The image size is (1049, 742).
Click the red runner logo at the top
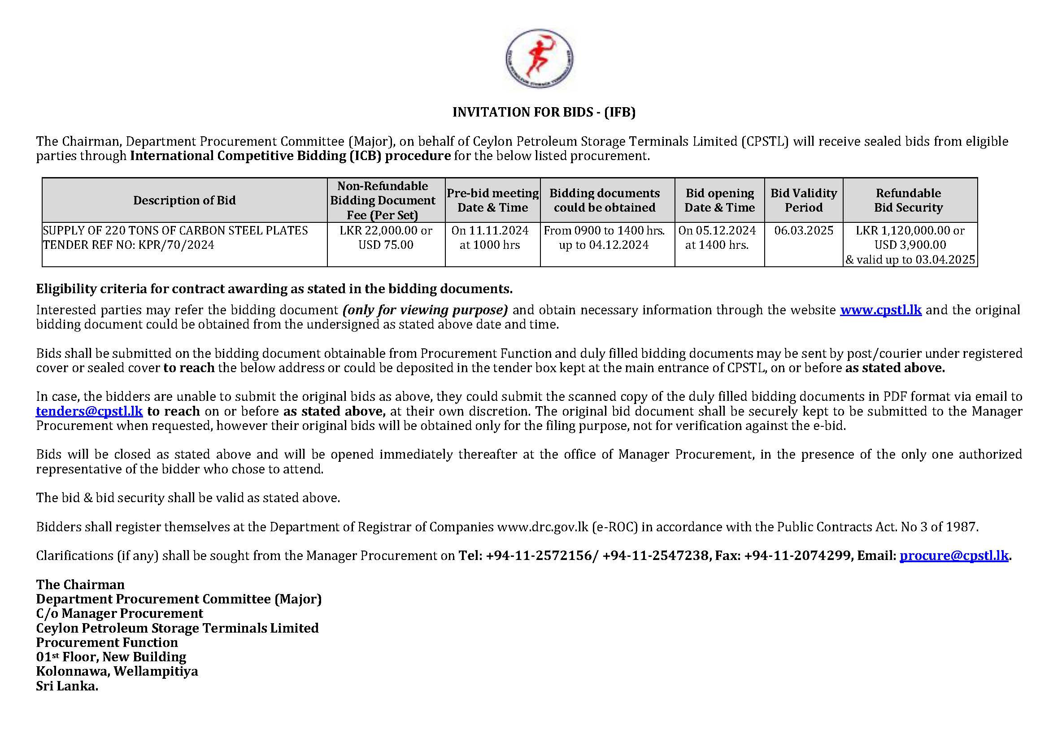coord(539,58)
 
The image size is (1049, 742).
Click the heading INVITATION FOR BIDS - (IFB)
coord(544,112)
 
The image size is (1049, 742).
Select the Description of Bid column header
coord(184,200)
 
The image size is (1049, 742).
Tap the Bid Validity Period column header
coord(804,200)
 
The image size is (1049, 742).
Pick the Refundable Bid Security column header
coord(908,200)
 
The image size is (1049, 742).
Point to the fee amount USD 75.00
coord(386,245)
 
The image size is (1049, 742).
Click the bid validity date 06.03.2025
coord(804,230)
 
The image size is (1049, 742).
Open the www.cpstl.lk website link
coord(880,310)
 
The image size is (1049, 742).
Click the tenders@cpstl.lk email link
coord(90,411)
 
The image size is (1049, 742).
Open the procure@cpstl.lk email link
coord(953,555)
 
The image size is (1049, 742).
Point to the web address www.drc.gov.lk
coord(543,527)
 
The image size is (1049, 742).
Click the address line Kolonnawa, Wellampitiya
coord(117,671)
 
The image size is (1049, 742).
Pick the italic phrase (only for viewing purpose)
coord(425,310)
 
